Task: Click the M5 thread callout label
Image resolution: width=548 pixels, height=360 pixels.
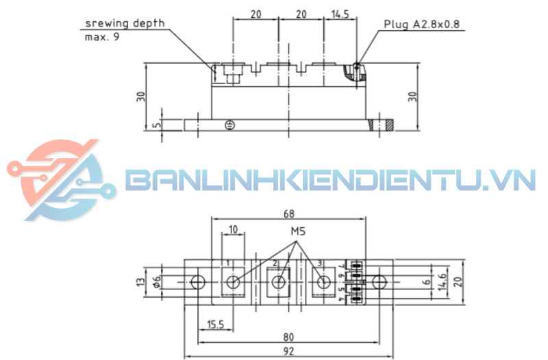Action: pyautogui.click(x=297, y=231)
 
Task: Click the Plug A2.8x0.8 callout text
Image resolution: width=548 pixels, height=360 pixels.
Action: pyautogui.click(x=422, y=24)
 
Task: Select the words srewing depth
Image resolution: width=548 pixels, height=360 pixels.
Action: pyautogui.click(x=125, y=23)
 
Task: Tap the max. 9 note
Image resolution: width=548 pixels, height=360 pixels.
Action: pyautogui.click(x=101, y=37)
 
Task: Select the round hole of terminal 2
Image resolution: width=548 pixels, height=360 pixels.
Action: pyautogui.click(x=278, y=283)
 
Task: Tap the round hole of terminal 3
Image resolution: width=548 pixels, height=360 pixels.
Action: pyautogui.click(x=323, y=283)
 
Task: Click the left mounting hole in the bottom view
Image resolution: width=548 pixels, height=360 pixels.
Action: pyautogui.click(x=198, y=282)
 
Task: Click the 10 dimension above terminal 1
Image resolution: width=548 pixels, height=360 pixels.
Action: pyautogui.click(x=233, y=230)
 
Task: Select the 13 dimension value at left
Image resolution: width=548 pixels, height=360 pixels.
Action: pyautogui.click(x=140, y=282)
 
